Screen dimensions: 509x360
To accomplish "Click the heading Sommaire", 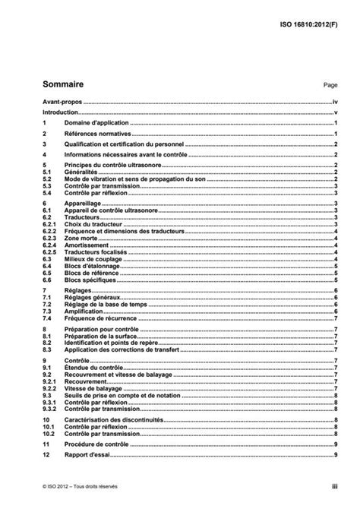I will pos(64,85).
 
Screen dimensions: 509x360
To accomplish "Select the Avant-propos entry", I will pos(62,101).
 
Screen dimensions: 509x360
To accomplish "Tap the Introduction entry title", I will pos(62,112).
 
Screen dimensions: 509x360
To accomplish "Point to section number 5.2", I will pos(47,179).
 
